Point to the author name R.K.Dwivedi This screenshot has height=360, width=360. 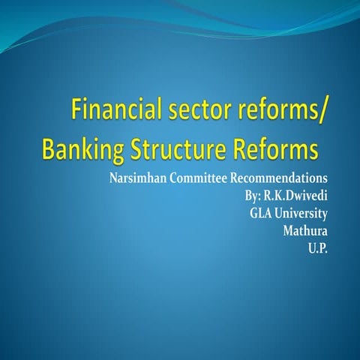pos(296,196)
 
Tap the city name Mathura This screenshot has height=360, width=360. pos(305,230)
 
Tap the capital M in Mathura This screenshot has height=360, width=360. pos(287,230)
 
